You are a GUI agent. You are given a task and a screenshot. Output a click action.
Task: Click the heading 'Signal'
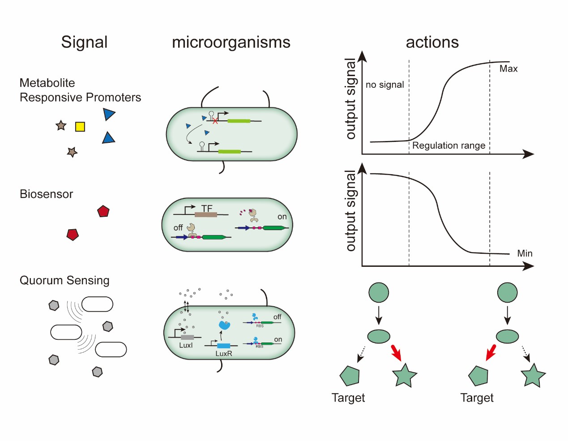(x=84, y=42)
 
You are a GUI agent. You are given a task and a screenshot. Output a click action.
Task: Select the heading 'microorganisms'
(x=231, y=42)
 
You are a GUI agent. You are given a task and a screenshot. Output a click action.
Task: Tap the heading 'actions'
(x=432, y=42)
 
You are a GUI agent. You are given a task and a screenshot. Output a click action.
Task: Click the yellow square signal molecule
(x=80, y=127)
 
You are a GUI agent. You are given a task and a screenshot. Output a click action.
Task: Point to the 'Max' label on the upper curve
(x=508, y=69)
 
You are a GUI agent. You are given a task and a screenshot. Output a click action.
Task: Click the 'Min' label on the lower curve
(x=525, y=253)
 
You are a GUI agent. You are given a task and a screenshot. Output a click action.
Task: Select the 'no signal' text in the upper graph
(x=384, y=85)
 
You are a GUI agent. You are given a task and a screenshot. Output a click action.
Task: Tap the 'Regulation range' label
(x=448, y=146)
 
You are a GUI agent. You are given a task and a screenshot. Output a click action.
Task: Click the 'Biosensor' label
(x=46, y=194)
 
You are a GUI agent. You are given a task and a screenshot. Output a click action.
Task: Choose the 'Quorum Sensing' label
(x=64, y=280)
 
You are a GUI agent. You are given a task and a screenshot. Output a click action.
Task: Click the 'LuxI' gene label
(x=186, y=345)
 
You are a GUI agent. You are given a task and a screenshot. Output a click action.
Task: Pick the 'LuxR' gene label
(x=224, y=353)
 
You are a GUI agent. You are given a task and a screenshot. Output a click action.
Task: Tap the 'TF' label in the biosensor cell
(x=207, y=208)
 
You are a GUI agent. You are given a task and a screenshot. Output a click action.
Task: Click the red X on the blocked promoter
(x=215, y=121)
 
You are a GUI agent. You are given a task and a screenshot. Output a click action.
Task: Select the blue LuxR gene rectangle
(x=223, y=346)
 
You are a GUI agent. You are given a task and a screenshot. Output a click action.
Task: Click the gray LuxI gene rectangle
(x=187, y=337)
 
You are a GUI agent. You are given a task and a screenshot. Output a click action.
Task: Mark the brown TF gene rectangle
(x=206, y=214)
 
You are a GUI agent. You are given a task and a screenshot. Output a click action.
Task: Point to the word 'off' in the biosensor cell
(x=178, y=227)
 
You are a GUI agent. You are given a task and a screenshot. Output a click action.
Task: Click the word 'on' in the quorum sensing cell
(x=278, y=339)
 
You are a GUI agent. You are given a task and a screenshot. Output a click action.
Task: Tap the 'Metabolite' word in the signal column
(x=47, y=83)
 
